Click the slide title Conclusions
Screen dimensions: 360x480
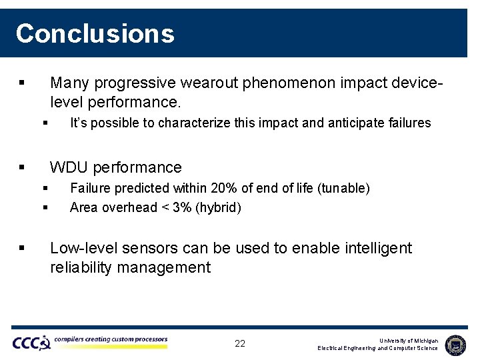pyautogui.click(x=95, y=33)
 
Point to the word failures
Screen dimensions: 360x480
pyautogui.click(x=407, y=123)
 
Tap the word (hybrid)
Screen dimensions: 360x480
pyautogui.click(x=218, y=207)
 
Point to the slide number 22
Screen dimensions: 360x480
pyautogui.click(x=240, y=344)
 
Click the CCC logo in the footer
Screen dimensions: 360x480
pyautogui.click(x=31, y=343)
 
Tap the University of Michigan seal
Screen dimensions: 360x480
pyautogui.click(x=455, y=344)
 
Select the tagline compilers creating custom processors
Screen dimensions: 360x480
pyautogui.click(x=111, y=339)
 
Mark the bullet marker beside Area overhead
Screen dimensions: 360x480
pyautogui.click(x=45, y=207)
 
